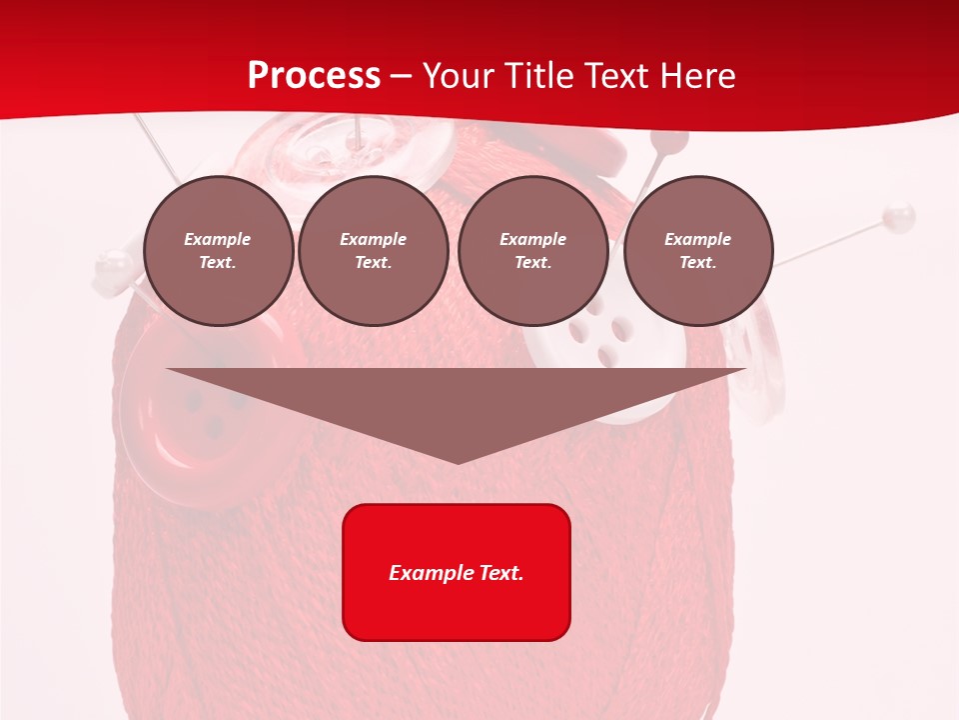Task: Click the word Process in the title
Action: point(314,75)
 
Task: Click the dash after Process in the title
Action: point(401,76)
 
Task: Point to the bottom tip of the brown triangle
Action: point(458,462)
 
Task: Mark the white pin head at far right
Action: point(899,214)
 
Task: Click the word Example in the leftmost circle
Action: point(218,239)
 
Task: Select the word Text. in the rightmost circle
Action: point(697,262)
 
